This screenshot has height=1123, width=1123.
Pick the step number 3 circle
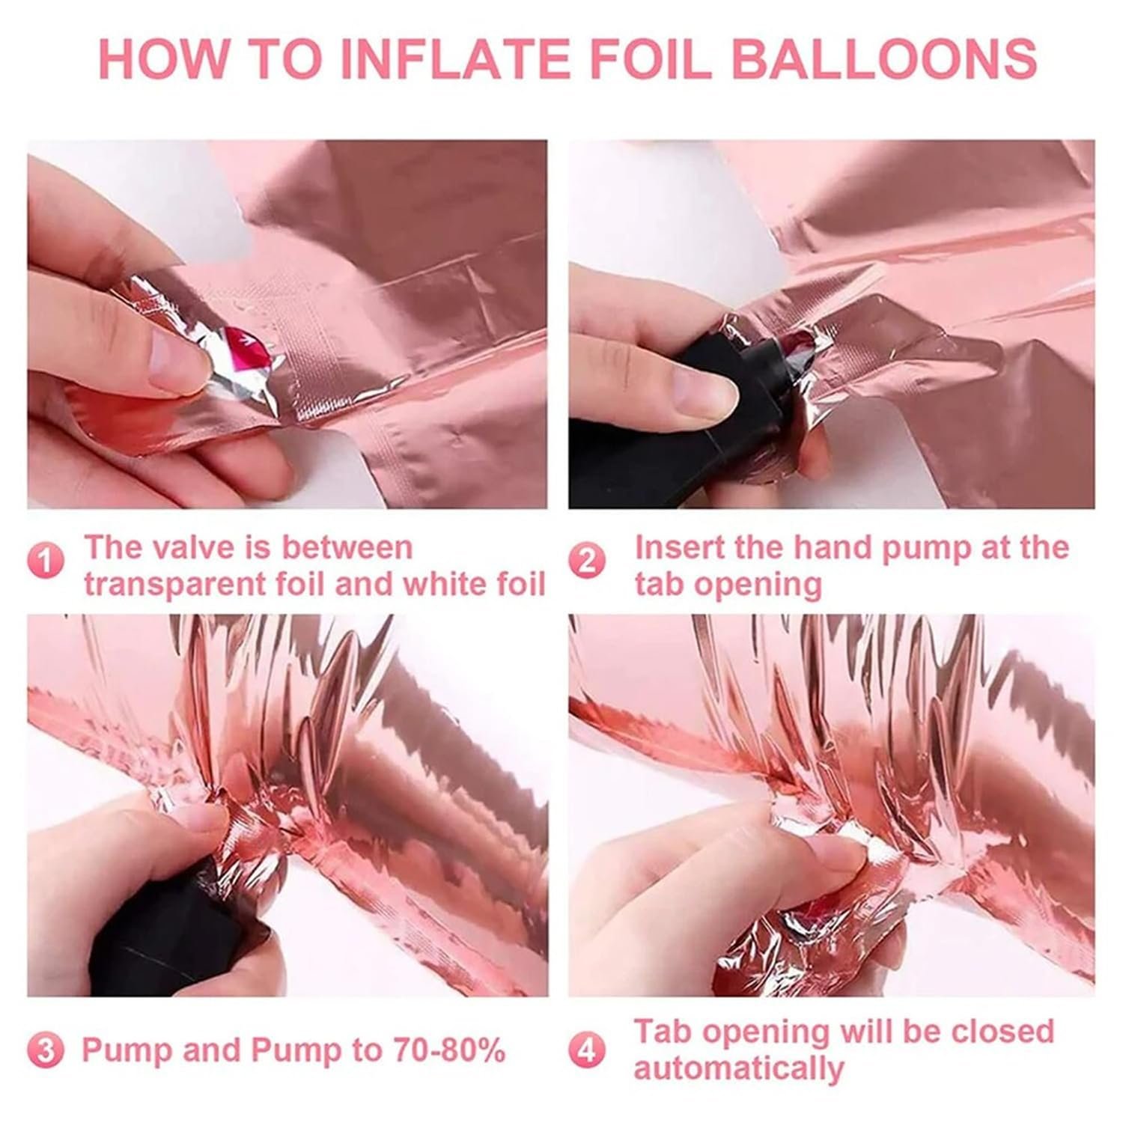pos(46,1050)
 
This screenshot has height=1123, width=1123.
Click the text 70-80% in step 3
pos(447,1050)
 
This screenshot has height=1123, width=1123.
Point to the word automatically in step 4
pos(739,1069)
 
